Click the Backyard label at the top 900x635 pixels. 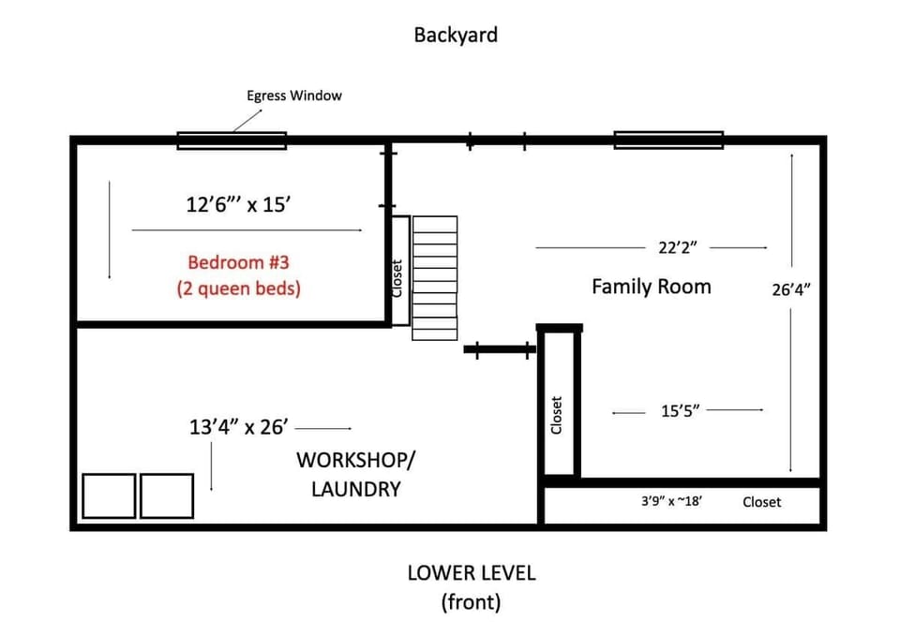(456, 36)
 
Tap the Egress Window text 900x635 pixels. (294, 96)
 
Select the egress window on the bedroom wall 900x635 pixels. (232, 141)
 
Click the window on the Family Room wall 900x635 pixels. (668, 140)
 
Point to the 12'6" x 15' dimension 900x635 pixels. (238, 205)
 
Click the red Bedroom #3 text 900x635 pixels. (238, 262)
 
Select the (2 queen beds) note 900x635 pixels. (238, 288)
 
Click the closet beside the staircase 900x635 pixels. (399, 272)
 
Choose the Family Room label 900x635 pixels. (651, 287)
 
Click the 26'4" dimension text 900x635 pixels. (790, 289)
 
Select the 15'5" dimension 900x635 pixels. (681, 410)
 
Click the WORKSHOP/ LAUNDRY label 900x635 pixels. (353, 474)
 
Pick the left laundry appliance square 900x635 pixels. (109, 496)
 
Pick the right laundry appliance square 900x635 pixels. (167, 496)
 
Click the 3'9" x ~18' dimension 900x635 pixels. (671, 502)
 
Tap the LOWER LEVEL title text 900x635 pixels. (471, 572)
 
